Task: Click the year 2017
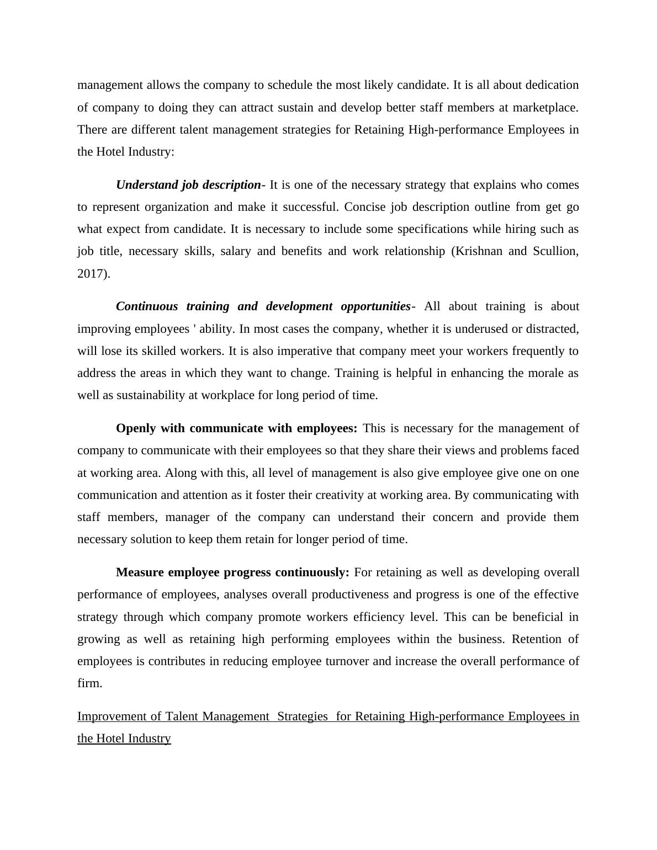click(x=92, y=273)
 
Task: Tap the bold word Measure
click(x=140, y=572)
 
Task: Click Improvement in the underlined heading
click(x=113, y=716)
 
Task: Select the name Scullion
click(x=555, y=251)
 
